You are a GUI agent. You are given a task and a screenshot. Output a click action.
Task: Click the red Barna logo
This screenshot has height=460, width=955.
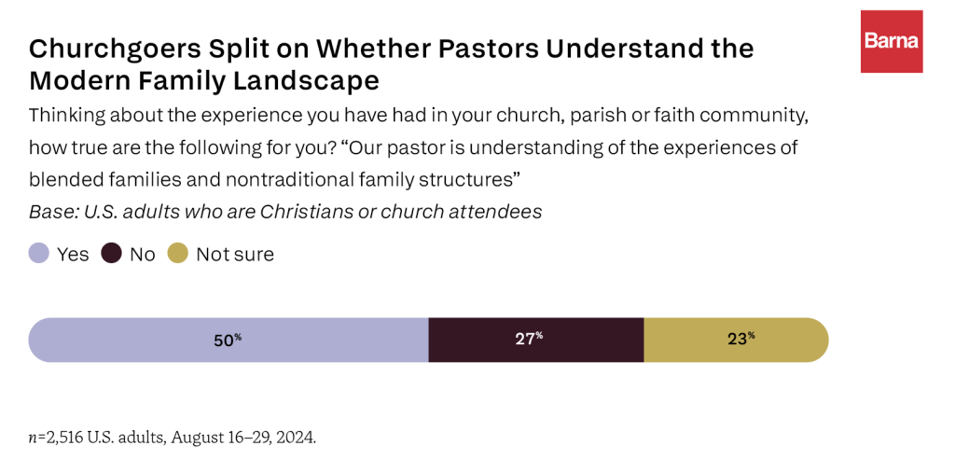click(892, 41)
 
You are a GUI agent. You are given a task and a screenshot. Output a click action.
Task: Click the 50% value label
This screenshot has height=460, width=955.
click(227, 340)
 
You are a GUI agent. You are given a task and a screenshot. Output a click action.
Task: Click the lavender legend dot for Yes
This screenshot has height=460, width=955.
click(38, 254)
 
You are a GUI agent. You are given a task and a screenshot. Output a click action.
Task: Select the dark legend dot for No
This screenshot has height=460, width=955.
click(112, 254)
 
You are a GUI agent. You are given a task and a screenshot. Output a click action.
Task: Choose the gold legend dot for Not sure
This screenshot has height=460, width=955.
click(177, 254)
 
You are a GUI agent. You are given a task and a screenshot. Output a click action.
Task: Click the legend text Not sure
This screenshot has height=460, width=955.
click(235, 254)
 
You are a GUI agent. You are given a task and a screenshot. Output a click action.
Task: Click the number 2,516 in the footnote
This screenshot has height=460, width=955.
click(66, 437)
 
